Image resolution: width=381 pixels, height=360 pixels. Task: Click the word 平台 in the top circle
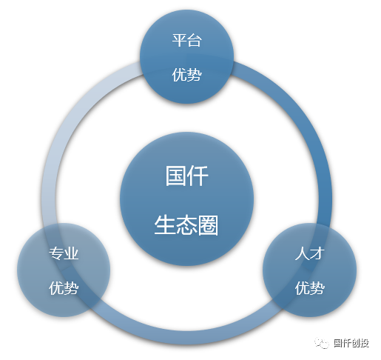(x=186, y=40)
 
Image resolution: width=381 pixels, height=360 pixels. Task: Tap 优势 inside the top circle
(x=186, y=75)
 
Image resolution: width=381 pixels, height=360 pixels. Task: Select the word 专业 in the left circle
(x=64, y=253)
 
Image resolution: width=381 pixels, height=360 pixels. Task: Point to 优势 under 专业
(x=64, y=288)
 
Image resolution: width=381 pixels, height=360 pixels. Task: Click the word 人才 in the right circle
(x=309, y=253)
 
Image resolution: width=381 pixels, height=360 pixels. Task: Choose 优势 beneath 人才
(x=309, y=288)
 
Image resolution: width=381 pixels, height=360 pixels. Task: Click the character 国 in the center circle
(x=175, y=176)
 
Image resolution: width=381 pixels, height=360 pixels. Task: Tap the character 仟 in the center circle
(x=198, y=176)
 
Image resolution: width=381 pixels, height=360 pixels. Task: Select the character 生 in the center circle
(x=165, y=225)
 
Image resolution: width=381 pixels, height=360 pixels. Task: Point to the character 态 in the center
(x=186, y=225)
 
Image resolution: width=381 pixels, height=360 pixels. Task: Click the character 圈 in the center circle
(x=208, y=225)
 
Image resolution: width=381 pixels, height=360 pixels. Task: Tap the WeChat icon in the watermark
(x=322, y=343)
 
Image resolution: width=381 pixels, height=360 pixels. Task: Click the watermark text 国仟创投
(x=351, y=343)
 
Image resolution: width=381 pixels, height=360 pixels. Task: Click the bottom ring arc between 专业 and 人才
(x=186, y=337)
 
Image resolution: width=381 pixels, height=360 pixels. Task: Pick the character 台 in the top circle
(x=195, y=40)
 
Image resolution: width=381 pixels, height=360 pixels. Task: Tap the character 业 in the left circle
(x=72, y=253)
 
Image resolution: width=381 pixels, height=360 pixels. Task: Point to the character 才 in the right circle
(x=317, y=253)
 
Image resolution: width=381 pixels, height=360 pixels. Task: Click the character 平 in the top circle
(x=179, y=40)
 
